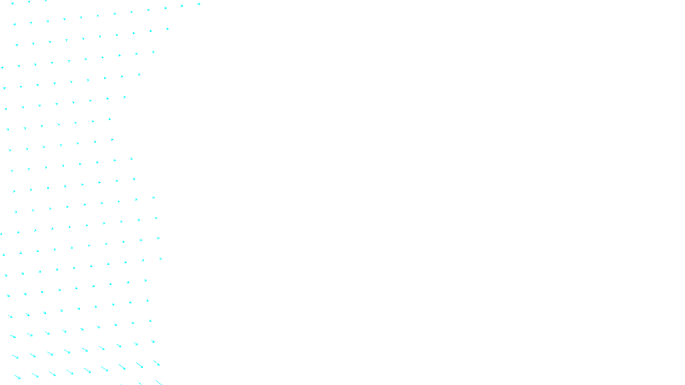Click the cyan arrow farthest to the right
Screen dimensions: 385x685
[199, 4]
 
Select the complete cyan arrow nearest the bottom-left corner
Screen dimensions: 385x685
[17, 377]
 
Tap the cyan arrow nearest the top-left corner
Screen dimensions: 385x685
[12, 3]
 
